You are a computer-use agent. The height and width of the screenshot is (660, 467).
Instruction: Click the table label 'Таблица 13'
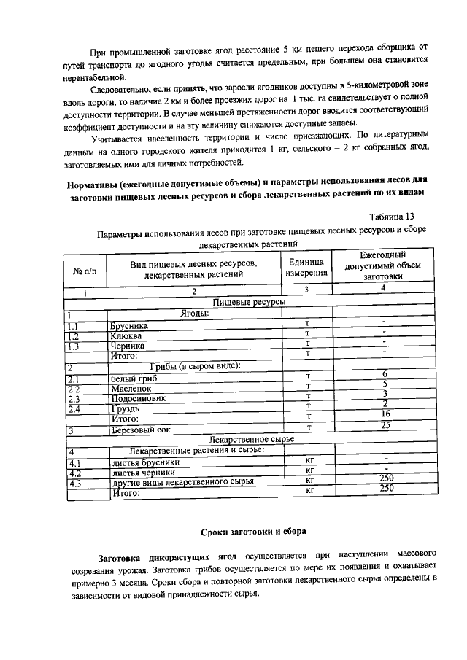[395, 217]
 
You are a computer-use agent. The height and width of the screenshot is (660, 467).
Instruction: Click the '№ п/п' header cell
[85, 271]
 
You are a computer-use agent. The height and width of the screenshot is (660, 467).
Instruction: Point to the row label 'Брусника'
[129, 325]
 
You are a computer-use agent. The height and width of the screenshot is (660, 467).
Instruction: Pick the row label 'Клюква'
[126, 335]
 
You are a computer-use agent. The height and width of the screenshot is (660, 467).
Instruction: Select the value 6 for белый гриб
[384, 374]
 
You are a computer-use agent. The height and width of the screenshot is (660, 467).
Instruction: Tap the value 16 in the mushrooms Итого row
[384, 414]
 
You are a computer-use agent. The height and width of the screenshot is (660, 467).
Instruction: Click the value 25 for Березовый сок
[385, 425]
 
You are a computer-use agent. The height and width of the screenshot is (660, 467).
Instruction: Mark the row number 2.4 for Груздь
[73, 409]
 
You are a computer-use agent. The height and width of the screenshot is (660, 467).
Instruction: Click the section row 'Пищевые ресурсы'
[248, 302]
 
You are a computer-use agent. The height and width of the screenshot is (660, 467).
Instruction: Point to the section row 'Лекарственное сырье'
[251, 440]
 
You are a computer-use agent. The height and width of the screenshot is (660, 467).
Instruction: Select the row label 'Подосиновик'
[138, 398]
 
